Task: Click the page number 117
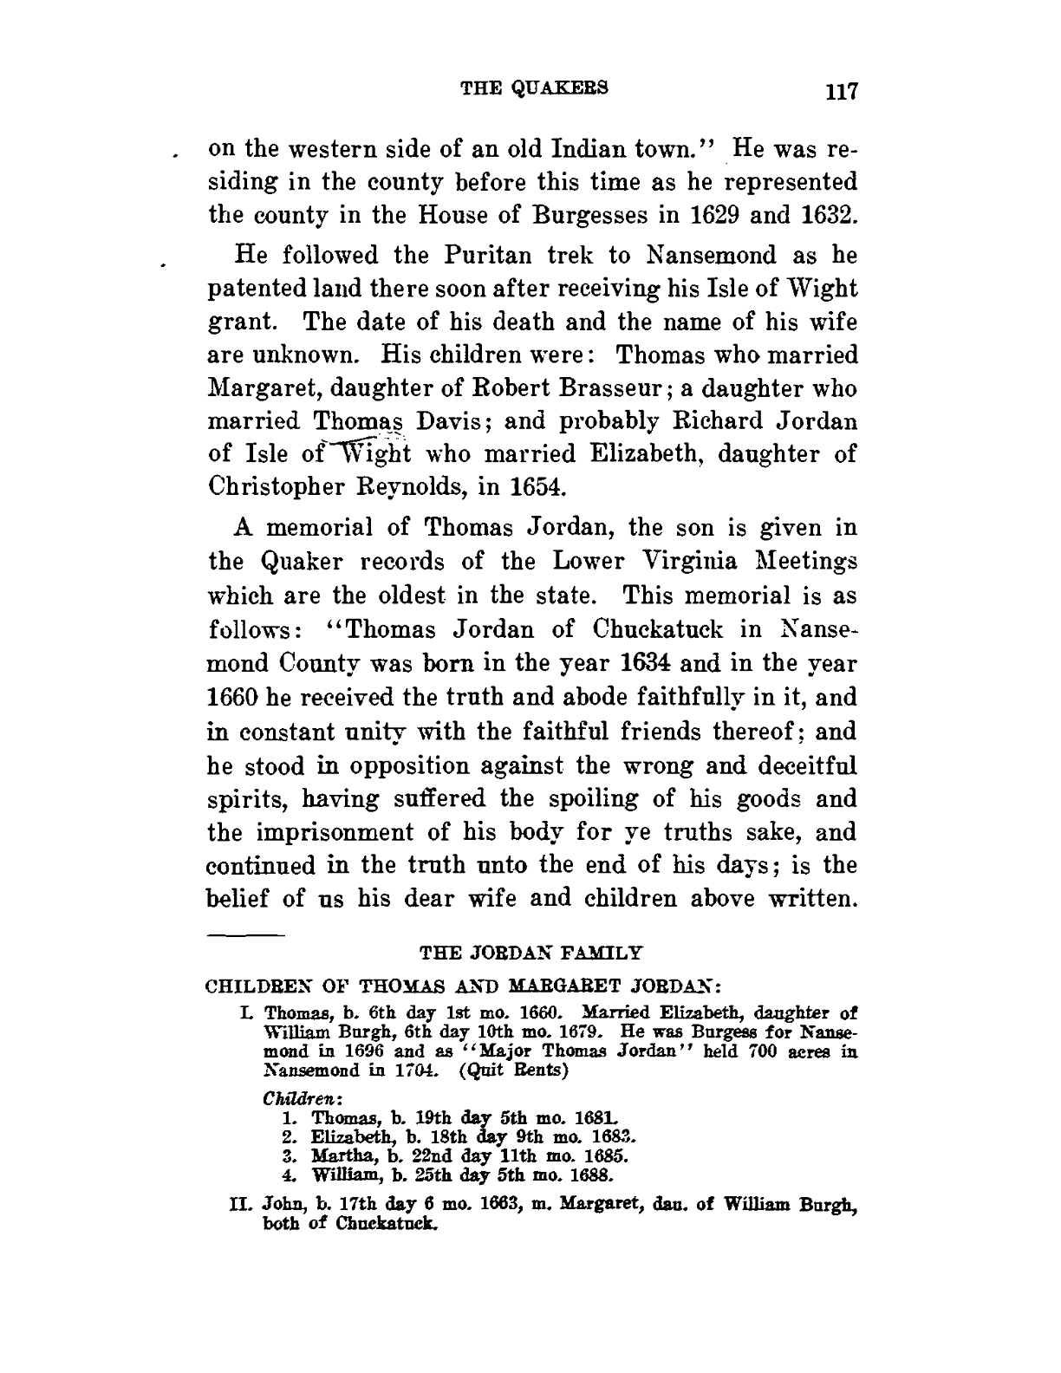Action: (x=840, y=92)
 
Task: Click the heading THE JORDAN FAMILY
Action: (x=531, y=953)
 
